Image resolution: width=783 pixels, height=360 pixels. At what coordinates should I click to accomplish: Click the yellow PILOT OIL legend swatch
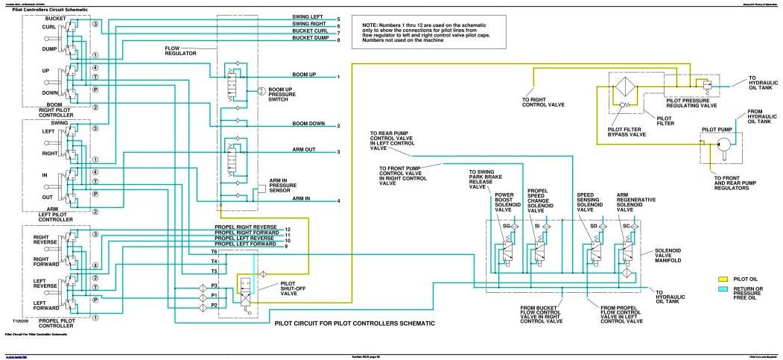721,279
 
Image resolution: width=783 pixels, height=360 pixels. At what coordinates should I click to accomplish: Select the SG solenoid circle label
507,225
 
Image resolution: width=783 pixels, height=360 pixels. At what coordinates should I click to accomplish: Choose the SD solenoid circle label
594,225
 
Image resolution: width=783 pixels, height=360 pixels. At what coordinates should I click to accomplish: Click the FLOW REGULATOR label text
180,51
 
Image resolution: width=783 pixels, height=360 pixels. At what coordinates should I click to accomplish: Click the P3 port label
214,286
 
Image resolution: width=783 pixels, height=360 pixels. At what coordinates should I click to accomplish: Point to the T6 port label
214,252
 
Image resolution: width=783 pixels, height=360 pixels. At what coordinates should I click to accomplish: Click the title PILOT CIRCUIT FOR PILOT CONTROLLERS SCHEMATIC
354,324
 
